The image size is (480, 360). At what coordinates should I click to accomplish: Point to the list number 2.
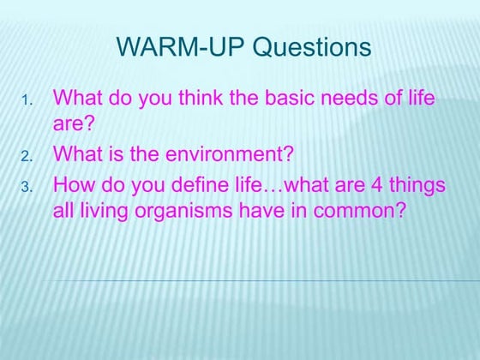(x=27, y=157)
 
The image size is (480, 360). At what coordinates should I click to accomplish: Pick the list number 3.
(x=27, y=185)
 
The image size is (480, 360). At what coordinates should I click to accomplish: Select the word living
(x=101, y=210)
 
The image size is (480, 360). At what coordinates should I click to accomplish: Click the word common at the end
(x=357, y=210)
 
